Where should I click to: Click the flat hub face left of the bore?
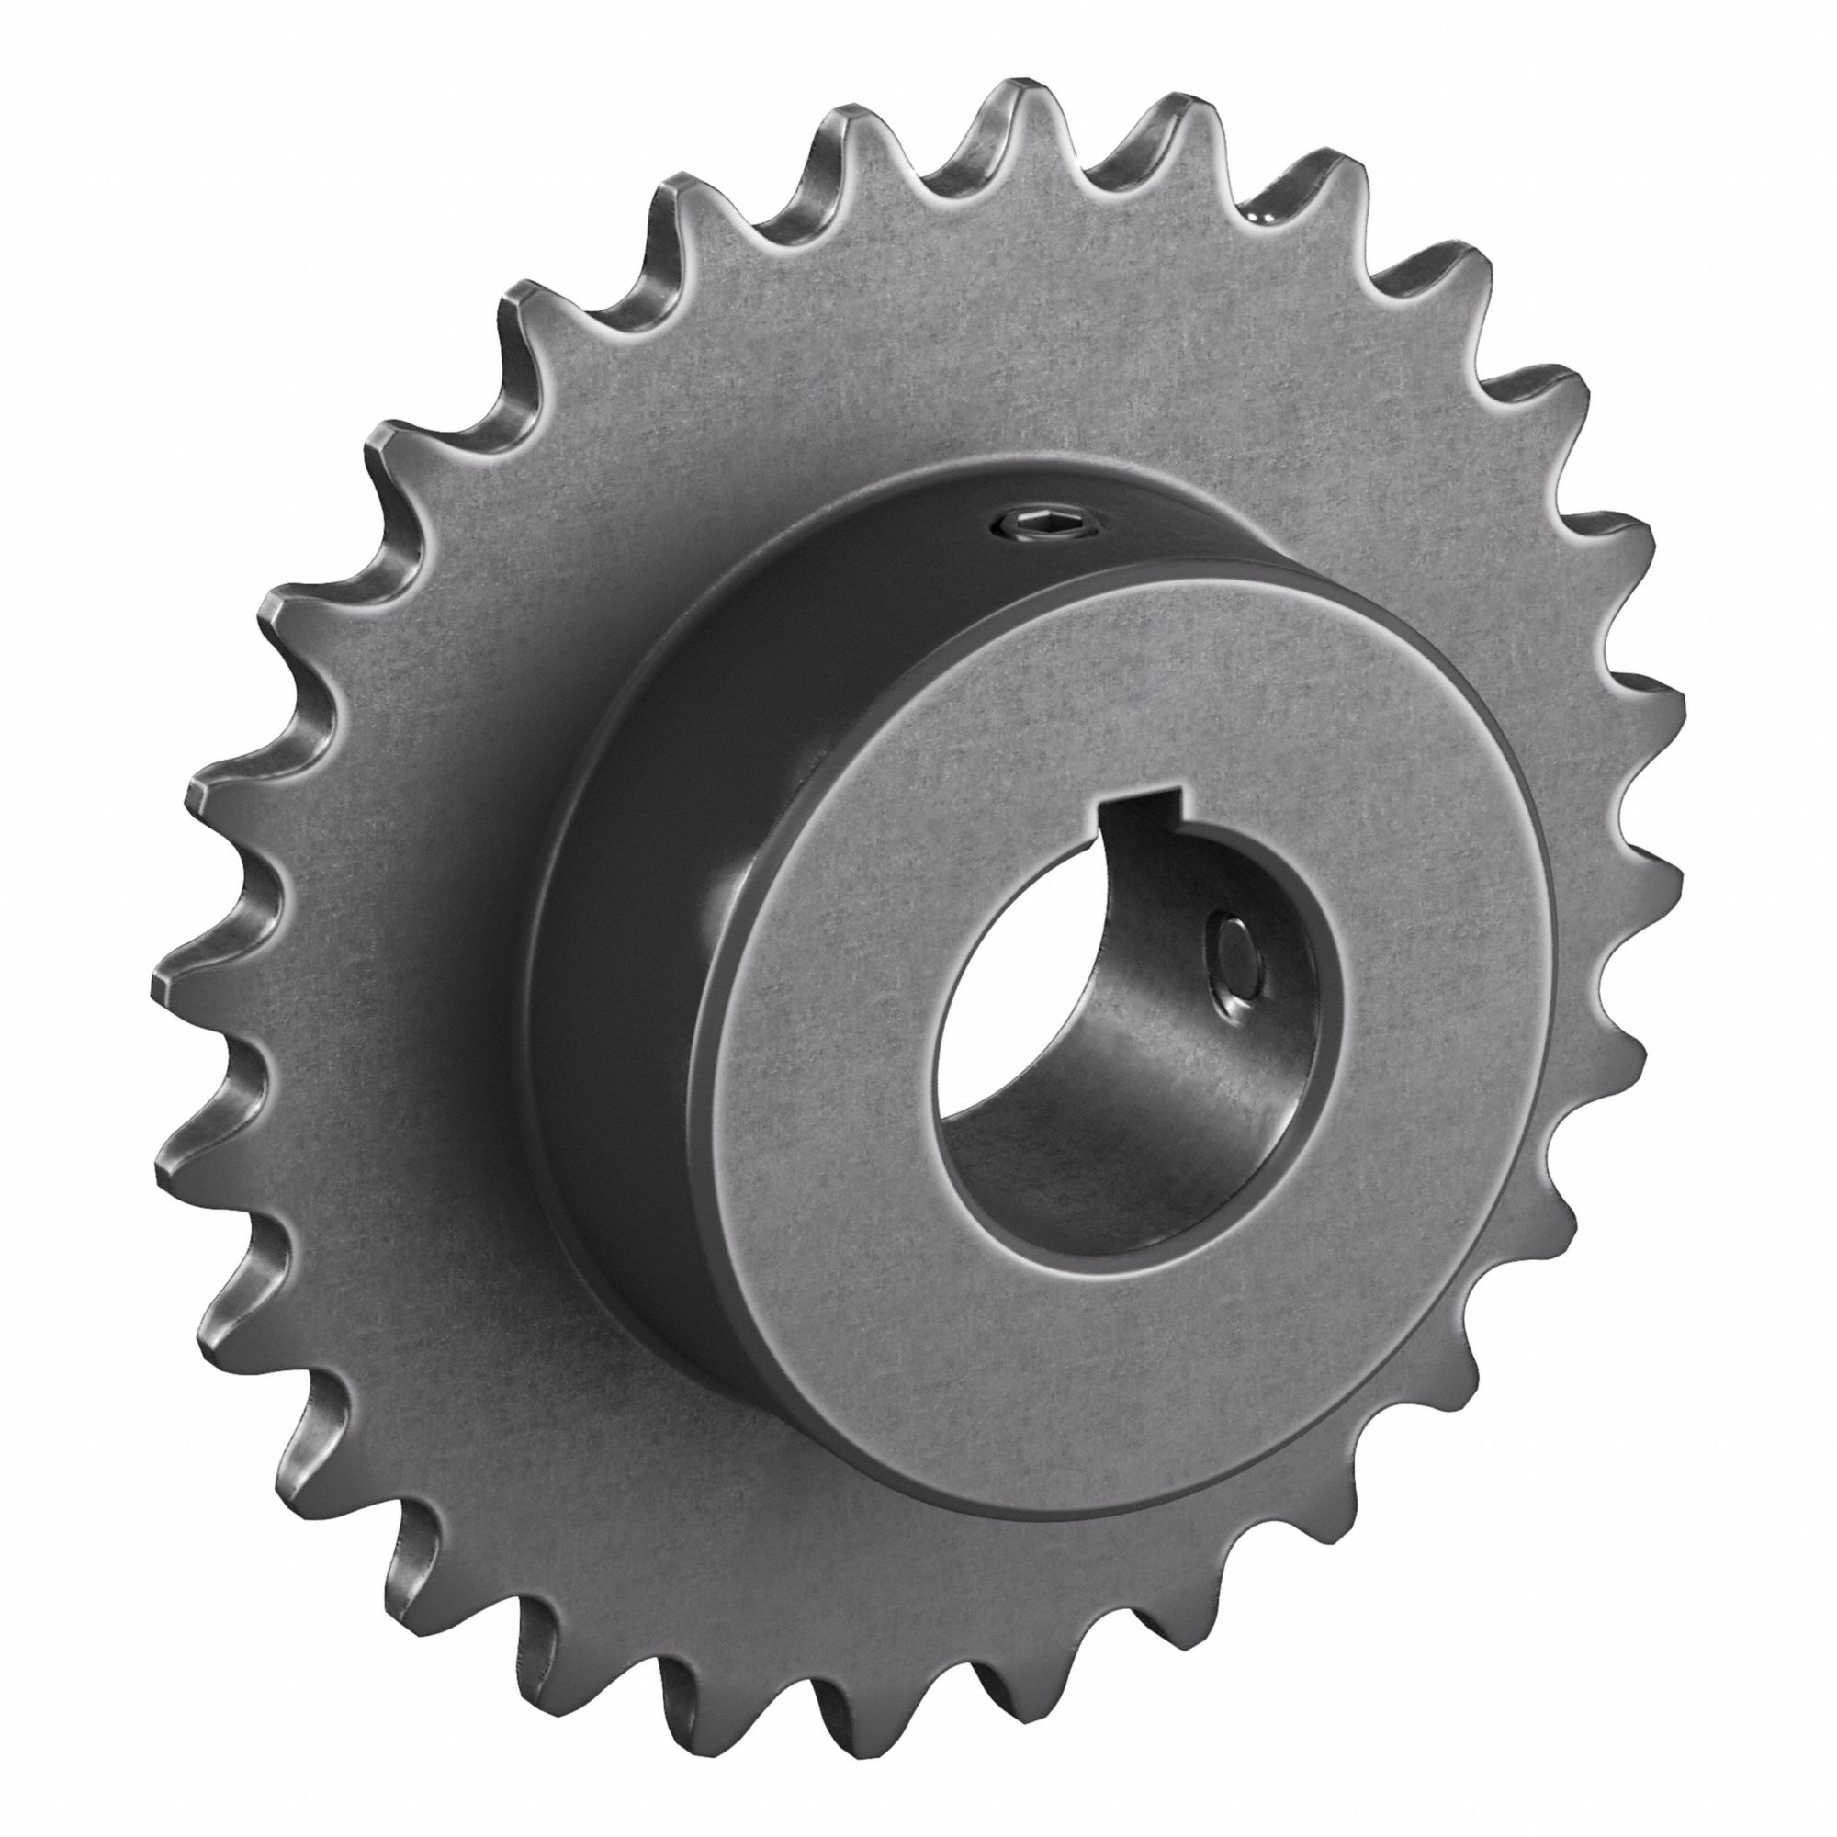(x=828, y=998)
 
